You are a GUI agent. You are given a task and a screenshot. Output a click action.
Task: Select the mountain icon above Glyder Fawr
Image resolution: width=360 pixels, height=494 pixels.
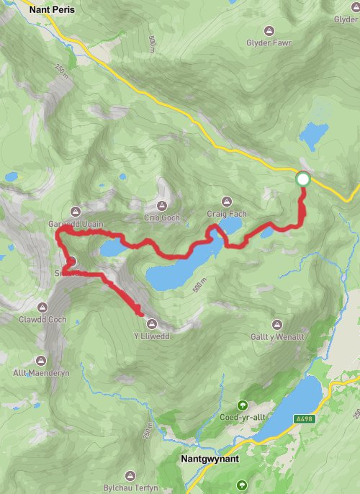269,30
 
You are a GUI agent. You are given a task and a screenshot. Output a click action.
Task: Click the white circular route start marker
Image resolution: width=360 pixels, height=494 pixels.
303,179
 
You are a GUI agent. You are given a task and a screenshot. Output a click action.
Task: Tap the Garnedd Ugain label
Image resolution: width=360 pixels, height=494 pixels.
77,224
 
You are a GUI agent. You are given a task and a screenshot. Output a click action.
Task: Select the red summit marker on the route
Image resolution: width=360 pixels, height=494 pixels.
71,262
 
